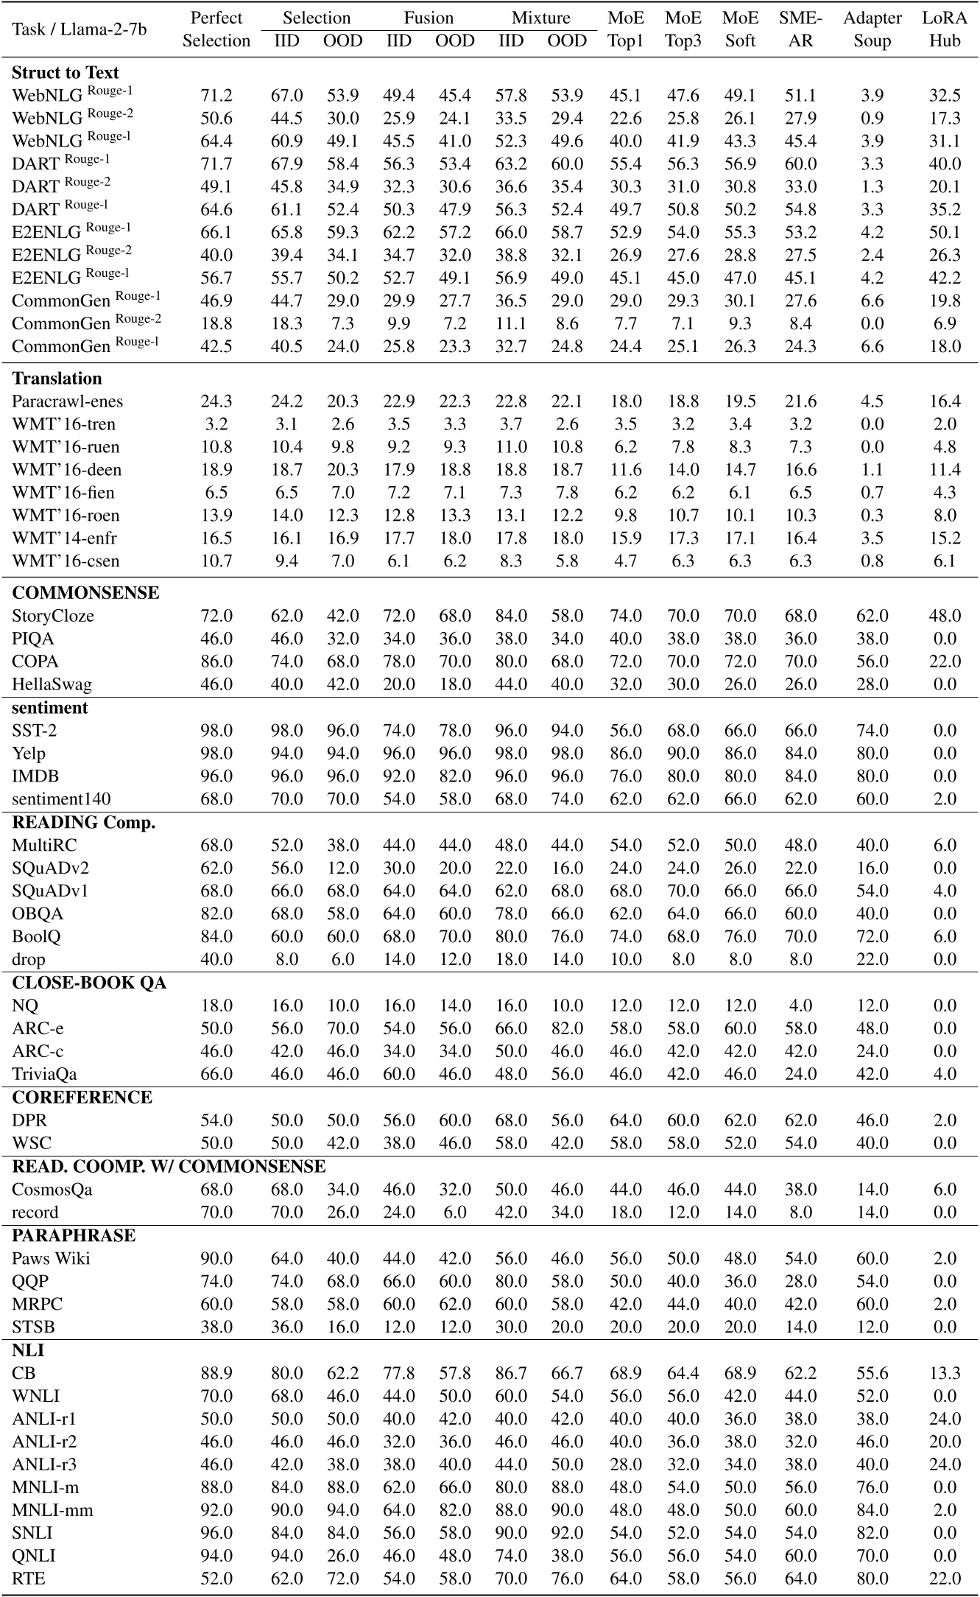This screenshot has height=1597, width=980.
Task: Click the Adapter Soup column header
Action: coord(872,29)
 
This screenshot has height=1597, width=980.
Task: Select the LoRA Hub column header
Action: coord(945,29)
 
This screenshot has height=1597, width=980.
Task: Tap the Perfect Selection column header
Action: coord(216,29)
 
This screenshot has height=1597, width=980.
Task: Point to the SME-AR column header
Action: coord(800,29)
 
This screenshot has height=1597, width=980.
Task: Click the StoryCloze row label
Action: coord(53,616)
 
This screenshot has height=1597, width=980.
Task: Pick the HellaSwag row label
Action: coord(52,684)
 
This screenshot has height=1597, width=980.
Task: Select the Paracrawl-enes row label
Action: coord(68,401)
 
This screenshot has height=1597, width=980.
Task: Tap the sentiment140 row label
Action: coord(61,799)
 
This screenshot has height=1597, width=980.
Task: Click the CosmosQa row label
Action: coord(52,1190)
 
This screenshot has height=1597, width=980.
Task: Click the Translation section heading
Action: coord(57,379)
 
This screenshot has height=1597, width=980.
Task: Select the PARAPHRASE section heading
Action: coord(74,1235)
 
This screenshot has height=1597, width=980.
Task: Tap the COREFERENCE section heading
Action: coord(82,1098)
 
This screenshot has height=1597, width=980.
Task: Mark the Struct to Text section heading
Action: coord(66,73)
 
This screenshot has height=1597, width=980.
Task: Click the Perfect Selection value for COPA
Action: coord(216,661)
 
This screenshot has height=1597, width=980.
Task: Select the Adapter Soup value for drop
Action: coord(872,959)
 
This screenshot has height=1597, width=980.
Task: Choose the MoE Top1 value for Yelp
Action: coord(625,754)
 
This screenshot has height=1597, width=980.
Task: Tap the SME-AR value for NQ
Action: coord(800,1005)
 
